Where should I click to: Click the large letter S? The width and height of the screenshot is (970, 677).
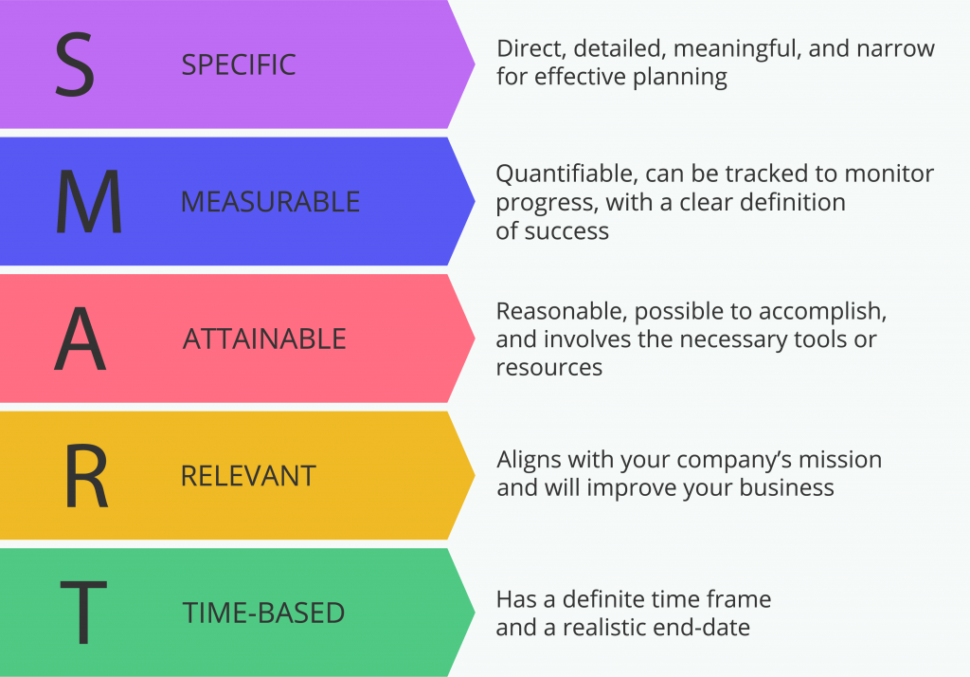click(75, 64)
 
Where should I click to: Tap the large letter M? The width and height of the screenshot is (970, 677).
click(88, 201)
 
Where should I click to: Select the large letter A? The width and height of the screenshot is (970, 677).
click(81, 338)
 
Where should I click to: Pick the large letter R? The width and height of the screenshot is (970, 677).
click(86, 476)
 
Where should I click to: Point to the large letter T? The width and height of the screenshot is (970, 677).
click(83, 613)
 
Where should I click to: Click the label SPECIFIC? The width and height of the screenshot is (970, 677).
click(239, 65)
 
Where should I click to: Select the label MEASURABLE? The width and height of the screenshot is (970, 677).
click(270, 202)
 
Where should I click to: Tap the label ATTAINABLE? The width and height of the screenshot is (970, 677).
click(264, 338)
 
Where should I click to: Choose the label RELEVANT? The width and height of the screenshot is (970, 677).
click(249, 476)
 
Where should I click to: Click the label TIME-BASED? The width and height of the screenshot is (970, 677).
click(263, 613)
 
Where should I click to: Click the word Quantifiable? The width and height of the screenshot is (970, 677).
click(566, 174)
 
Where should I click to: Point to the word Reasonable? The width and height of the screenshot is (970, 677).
click(562, 312)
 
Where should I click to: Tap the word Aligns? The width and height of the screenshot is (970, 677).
click(529, 461)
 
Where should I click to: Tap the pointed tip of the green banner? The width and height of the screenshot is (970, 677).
click(475, 613)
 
